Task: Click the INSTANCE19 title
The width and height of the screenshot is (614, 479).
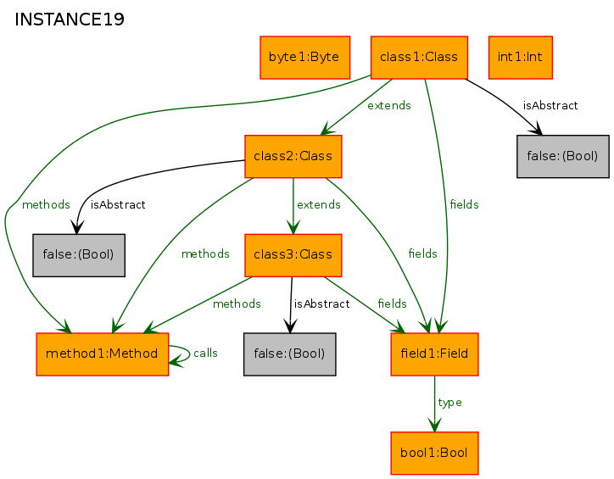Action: tap(70, 19)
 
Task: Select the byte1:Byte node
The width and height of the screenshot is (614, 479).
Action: tap(304, 58)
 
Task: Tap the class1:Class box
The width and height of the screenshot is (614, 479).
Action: tap(419, 58)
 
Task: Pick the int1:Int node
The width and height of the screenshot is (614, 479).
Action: tap(521, 58)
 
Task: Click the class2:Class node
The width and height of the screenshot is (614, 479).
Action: tap(293, 157)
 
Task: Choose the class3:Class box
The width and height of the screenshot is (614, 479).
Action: tap(293, 255)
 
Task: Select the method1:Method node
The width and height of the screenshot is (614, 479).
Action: tap(103, 354)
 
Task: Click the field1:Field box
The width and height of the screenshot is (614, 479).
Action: tap(434, 354)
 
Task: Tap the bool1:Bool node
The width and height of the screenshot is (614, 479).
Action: tap(434, 454)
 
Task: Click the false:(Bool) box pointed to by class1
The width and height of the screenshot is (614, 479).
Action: tap(563, 157)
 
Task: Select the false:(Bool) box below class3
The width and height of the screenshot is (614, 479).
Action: tap(289, 354)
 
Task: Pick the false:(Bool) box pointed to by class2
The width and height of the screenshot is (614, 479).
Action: tap(79, 255)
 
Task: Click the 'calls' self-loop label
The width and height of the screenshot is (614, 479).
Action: tap(205, 353)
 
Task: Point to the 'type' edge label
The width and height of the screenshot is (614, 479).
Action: tap(449, 403)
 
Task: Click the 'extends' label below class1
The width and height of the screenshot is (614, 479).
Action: tap(389, 106)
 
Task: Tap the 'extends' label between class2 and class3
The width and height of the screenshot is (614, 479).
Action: tap(319, 204)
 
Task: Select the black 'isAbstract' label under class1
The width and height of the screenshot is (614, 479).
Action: tap(550, 106)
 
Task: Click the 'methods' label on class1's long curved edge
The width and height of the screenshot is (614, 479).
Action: tap(46, 204)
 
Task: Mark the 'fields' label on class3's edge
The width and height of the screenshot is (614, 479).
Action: tap(392, 304)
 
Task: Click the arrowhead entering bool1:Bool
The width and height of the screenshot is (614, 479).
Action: tap(434, 426)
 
